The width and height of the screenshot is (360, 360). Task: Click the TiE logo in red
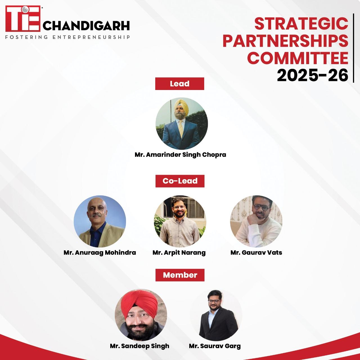pos(23,19)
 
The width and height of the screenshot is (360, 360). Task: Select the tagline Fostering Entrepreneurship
pos(67,37)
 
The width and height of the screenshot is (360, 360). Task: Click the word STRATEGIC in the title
pos(301,24)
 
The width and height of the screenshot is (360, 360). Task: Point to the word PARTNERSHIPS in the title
pos(285,41)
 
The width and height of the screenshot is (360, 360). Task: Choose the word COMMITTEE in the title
pos(298,58)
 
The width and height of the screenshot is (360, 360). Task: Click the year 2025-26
pos(312,75)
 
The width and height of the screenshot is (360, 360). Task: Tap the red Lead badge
pos(180,84)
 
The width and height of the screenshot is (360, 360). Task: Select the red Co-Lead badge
pos(180,181)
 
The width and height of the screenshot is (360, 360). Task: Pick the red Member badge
pos(180,275)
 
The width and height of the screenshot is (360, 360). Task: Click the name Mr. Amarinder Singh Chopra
pos(180,155)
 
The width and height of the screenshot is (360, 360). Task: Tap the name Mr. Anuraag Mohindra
pos(100,253)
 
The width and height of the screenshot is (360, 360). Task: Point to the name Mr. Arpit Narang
pos(179,253)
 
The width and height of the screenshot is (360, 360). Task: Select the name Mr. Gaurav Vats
pos(256,253)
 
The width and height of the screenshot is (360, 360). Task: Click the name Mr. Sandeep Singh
pos(139,346)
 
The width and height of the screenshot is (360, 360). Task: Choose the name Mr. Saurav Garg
pos(215,346)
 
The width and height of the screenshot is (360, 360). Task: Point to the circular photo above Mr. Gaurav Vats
pos(256,221)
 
